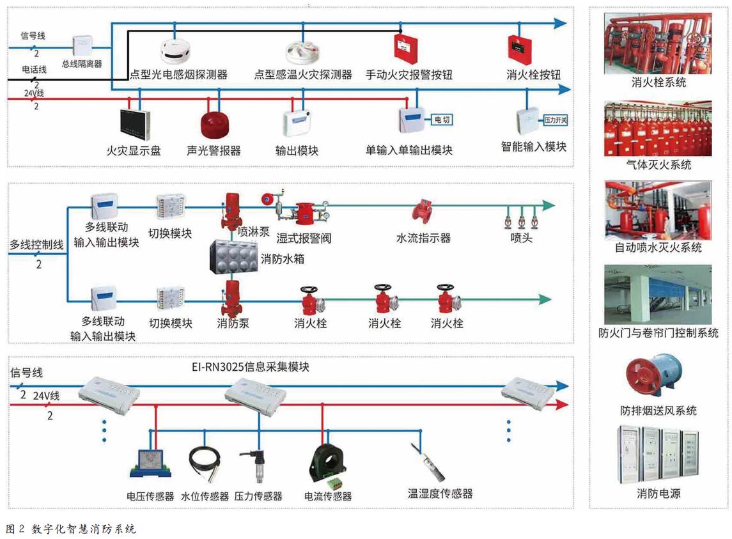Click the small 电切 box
441,120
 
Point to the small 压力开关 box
555,120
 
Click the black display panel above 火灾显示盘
134,125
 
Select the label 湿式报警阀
304,238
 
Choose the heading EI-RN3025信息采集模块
251,367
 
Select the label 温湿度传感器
440,494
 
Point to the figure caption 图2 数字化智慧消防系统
70,529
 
